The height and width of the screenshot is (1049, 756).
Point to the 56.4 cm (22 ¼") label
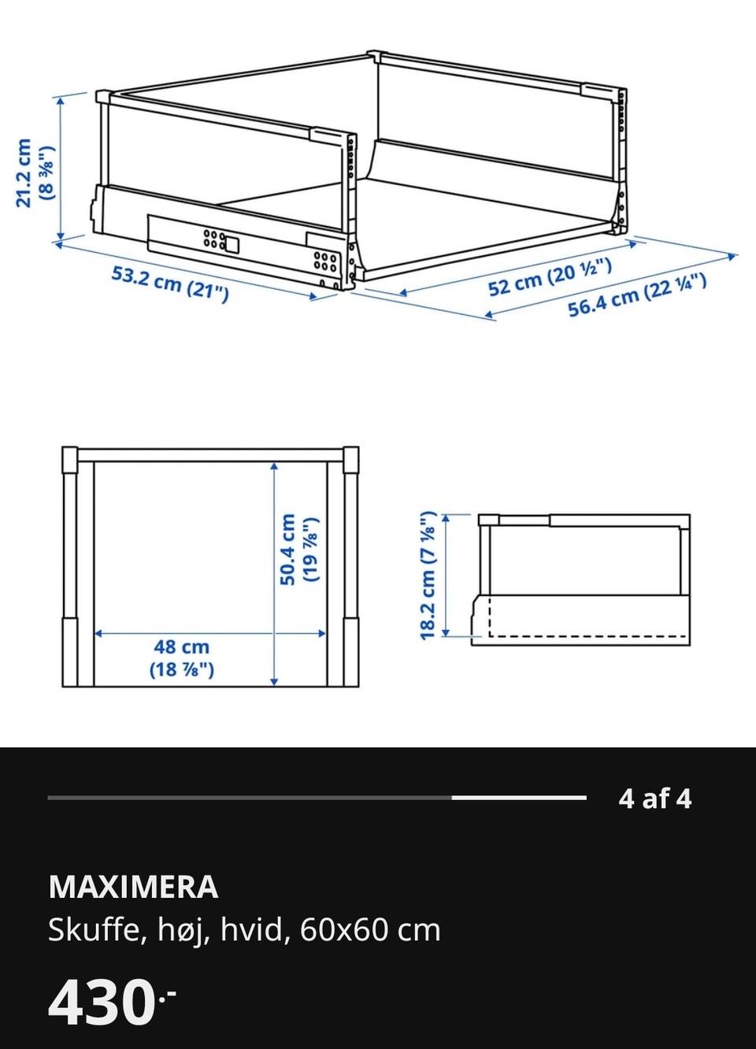pos(637,295)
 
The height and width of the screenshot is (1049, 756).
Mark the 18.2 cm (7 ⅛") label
pos(428,575)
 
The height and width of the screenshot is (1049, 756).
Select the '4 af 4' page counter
pos(655,799)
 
